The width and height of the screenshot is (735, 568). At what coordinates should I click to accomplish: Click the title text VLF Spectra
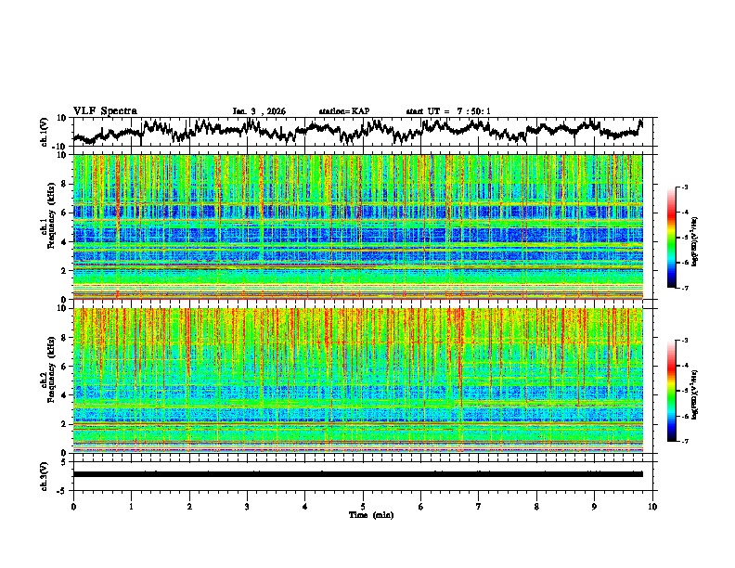pos(105,110)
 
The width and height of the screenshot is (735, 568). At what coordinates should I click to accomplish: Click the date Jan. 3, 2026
pos(259,111)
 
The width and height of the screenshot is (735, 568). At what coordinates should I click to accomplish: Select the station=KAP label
pos(343,111)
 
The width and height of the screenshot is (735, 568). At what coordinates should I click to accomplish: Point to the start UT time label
pos(448,111)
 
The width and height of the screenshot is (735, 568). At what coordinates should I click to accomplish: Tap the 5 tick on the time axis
pos(363,506)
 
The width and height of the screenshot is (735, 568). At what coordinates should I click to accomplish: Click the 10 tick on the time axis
pos(652,506)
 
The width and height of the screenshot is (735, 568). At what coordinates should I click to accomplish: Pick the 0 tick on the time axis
pos(73,506)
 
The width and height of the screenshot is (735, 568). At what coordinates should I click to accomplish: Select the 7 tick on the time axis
pos(479,506)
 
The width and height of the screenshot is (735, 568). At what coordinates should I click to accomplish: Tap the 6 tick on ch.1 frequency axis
pos(65,213)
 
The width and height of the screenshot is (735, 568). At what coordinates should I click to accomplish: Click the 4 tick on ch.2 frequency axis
pos(65,395)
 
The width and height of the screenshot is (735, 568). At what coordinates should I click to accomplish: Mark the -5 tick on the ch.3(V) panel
pos(63,489)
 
